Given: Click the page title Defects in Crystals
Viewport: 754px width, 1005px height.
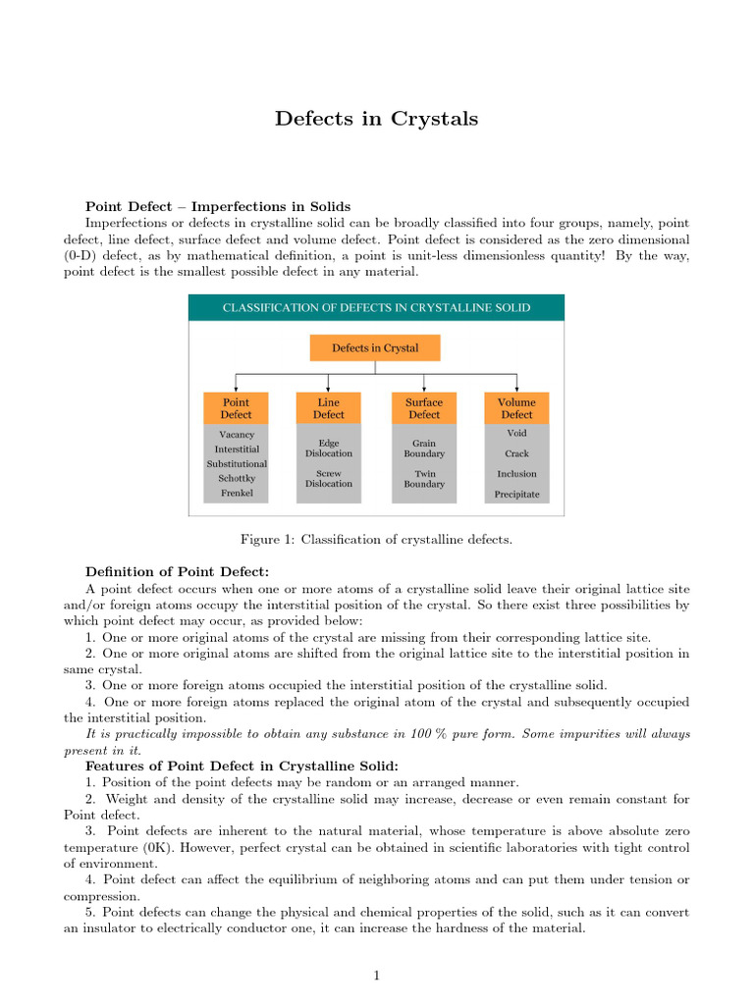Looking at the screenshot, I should pyautogui.click(x=376, y=119).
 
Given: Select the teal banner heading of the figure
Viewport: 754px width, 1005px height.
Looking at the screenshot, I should pyautogui.click(x=376, y=307).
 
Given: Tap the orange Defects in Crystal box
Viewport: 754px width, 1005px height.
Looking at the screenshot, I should pyautogui.click(x=375, y=348).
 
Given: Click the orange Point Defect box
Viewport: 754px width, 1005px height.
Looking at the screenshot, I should pyautogui.click(x=236, y=408).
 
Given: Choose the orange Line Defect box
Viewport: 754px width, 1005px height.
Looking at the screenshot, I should pyautogui.click(x=329, y=408).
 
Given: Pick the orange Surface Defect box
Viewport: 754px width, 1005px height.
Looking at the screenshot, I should pyautogui.click(x=424, y=408).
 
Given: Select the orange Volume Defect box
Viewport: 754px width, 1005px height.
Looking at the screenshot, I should pyautogui.click(x=516, y=408).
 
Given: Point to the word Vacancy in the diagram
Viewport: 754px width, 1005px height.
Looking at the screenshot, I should pyautogui.click(x=236, y=434).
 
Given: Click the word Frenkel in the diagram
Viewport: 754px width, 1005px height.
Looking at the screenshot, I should pyautogui.click(x=236, y=493).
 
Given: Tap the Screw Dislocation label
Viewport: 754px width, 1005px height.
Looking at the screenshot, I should pyautogui.click(x=329, y=478).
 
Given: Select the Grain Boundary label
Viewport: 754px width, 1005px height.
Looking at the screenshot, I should pyautogui.click(x=424, y=449).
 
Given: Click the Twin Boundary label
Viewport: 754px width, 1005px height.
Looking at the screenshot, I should pyautogui.click(x=424, y=478).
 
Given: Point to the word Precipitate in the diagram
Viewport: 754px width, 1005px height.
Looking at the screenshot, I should pyautogui.click(x=516, y=494).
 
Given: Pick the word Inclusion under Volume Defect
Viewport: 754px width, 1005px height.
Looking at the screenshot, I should pyautogui.click(x=516, y=473).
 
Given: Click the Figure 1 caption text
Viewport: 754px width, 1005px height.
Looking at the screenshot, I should pyautogui.click(x=376, y=539).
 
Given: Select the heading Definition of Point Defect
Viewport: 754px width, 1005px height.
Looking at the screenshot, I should pyautogui.click(x=177, y=571).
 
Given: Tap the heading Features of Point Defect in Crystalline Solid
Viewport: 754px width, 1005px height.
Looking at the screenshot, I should pyautogui.click(x=242, y=766).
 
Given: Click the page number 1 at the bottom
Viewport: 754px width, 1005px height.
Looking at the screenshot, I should pyautogui.click(x=376, y=975).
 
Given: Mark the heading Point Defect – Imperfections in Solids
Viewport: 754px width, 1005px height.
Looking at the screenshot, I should pyautogui.click(x=218, y=207).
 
